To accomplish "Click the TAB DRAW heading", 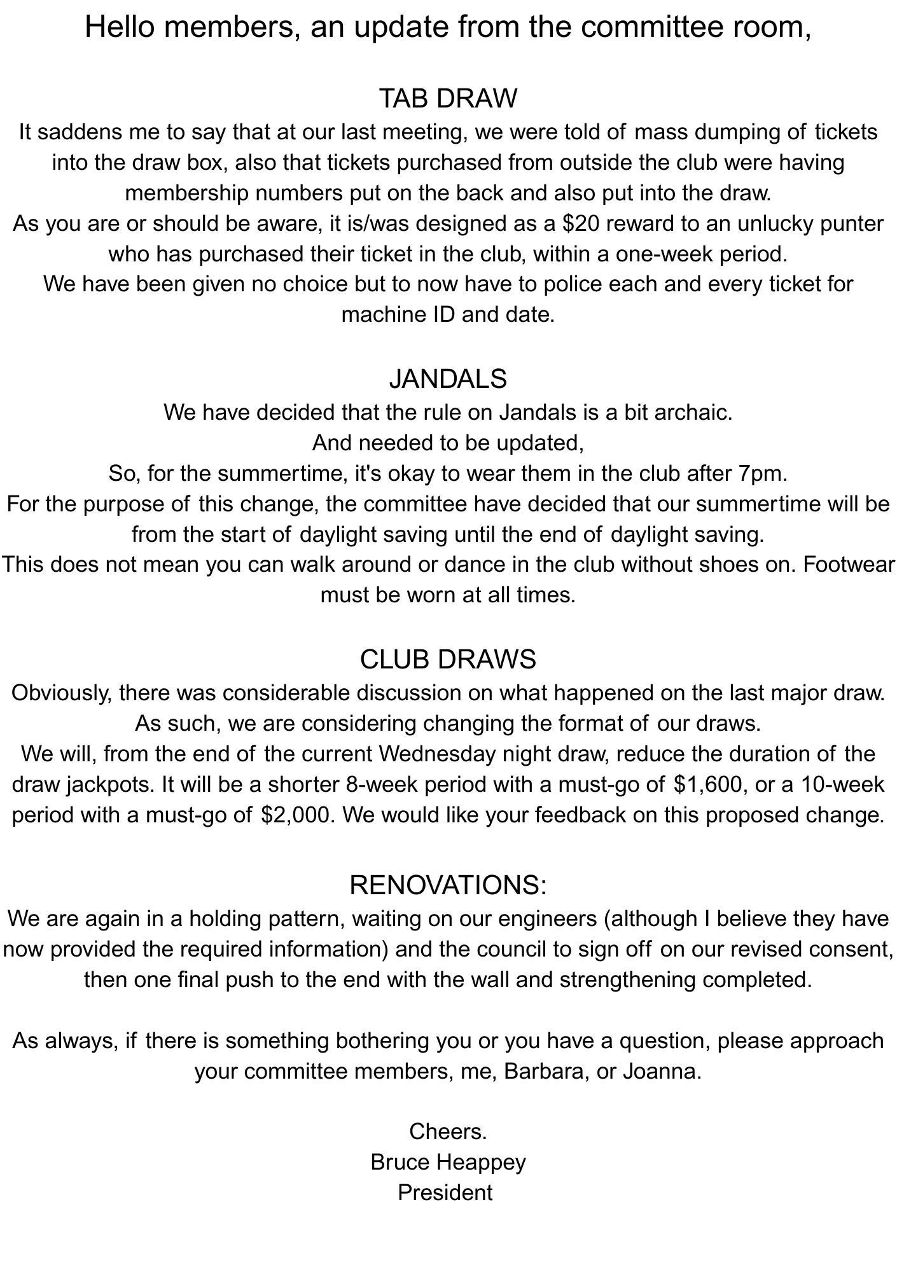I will (x=448, y=99).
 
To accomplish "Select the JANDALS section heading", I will (x=448, y=379).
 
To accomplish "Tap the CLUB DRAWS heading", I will (x=448, y=660).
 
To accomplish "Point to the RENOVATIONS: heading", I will (x=448, y=885).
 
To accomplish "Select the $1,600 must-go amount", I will (x=711, y=784).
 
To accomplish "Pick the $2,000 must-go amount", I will (x=296, y=815).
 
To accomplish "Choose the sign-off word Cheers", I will (x=448, y=1131).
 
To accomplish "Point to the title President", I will (x=445, y=1192).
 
